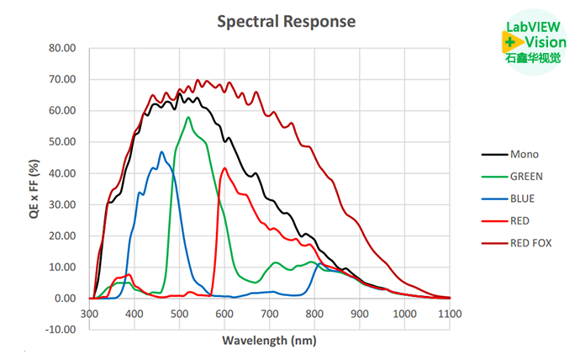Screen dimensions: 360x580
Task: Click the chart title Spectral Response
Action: (286, 21)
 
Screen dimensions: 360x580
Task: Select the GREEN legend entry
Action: (526, 177)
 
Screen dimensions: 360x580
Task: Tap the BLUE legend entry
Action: (522, 199)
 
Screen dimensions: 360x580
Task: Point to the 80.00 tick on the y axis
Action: (62, 48)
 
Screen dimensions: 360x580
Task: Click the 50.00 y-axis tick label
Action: (62, 142)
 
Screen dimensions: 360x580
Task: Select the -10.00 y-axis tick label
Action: (61, 329)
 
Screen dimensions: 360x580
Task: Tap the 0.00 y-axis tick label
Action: (65, 298)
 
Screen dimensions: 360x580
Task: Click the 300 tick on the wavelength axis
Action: (89, 313)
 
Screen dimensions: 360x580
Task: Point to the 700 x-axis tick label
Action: (270, 313)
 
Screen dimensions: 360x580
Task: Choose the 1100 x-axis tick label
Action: (450, 313)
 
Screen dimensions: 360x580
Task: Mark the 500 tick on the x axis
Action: (179, 313)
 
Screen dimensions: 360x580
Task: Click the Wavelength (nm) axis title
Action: (269, 340)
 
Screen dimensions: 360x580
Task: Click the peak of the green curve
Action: (188, 117)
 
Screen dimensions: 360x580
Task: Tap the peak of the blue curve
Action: (161, 152)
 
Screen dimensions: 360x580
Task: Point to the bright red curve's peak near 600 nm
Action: (224, 168)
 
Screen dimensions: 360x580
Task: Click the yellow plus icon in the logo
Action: (511, 40)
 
